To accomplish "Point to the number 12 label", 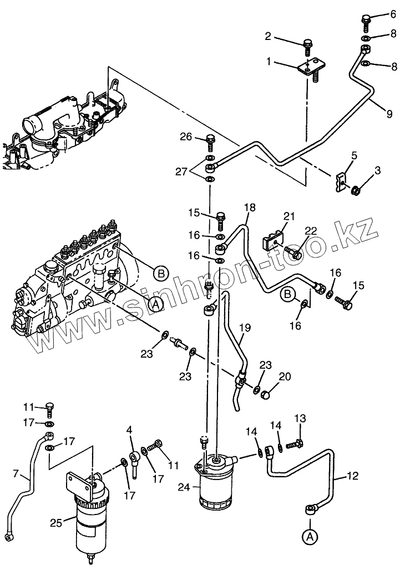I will point(353,476).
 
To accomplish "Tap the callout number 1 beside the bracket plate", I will point(269,62).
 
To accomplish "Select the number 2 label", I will point(268,37).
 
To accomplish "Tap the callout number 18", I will point(250,208).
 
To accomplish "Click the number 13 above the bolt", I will point(300,418).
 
